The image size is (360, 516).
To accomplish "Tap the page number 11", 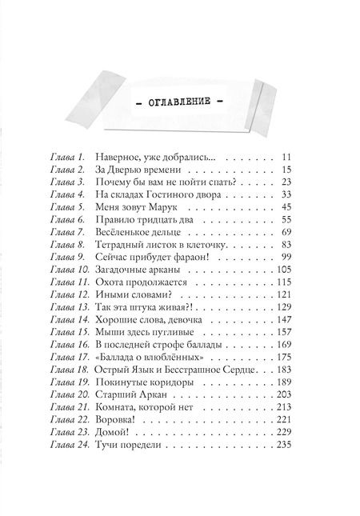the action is click(x=289, y=157).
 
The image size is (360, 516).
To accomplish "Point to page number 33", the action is click(x=289, y=195).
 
